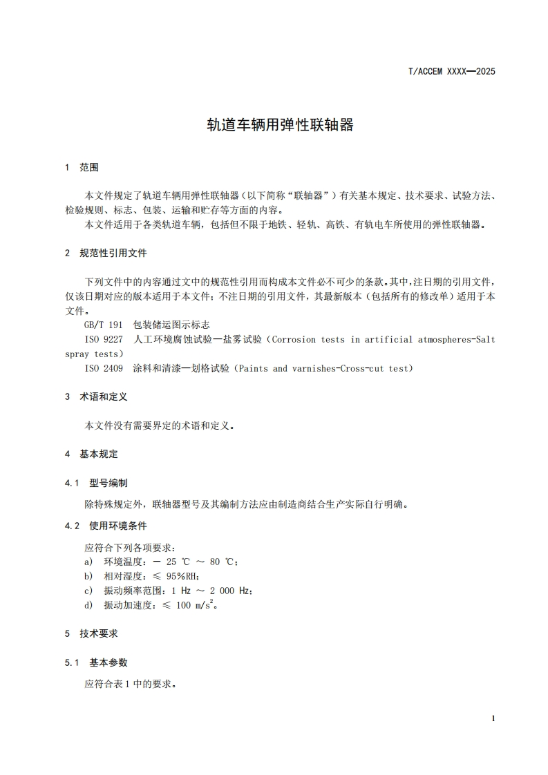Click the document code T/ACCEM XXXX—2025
point(453,71)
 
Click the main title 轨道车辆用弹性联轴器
point(281,125)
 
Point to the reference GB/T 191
point(102,325)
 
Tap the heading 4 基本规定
point(91,454)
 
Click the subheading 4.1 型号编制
point(95,483)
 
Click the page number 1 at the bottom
point(493,718)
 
